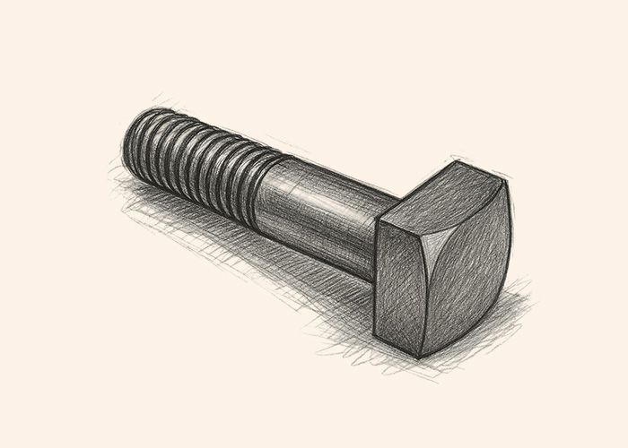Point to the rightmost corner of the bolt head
[x=510, y=184]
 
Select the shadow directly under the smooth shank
[x=305, y=264]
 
